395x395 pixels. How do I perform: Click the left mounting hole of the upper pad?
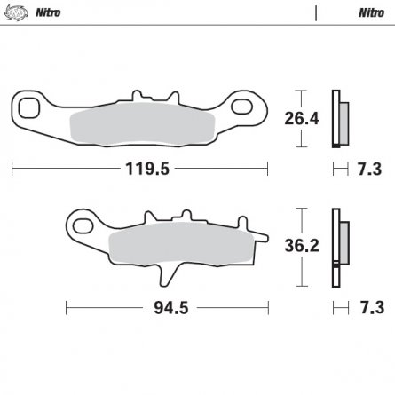(x=31, y=109)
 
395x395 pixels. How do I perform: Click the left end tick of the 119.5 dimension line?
(x=12, y=166)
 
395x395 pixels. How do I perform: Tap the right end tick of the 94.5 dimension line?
(x=266, y=310)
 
